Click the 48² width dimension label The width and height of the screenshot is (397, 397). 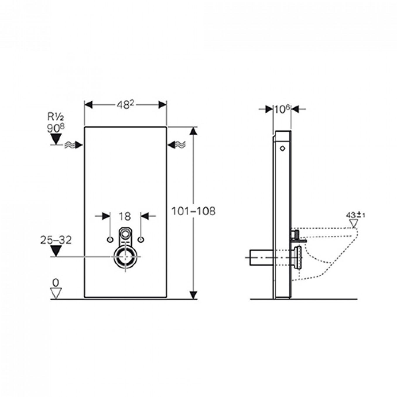[126, 105]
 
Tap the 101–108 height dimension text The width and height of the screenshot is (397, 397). [194, 211]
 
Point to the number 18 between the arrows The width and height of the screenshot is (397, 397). [125, 216]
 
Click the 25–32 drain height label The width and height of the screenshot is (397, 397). [56, 240]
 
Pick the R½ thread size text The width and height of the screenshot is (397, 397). [56, 117]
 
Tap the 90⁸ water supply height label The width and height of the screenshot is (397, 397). [56, 128]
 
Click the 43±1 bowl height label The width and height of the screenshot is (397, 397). [355, 215]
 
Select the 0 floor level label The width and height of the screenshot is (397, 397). [56, 283]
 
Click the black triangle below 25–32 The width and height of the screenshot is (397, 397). [56, 251]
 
